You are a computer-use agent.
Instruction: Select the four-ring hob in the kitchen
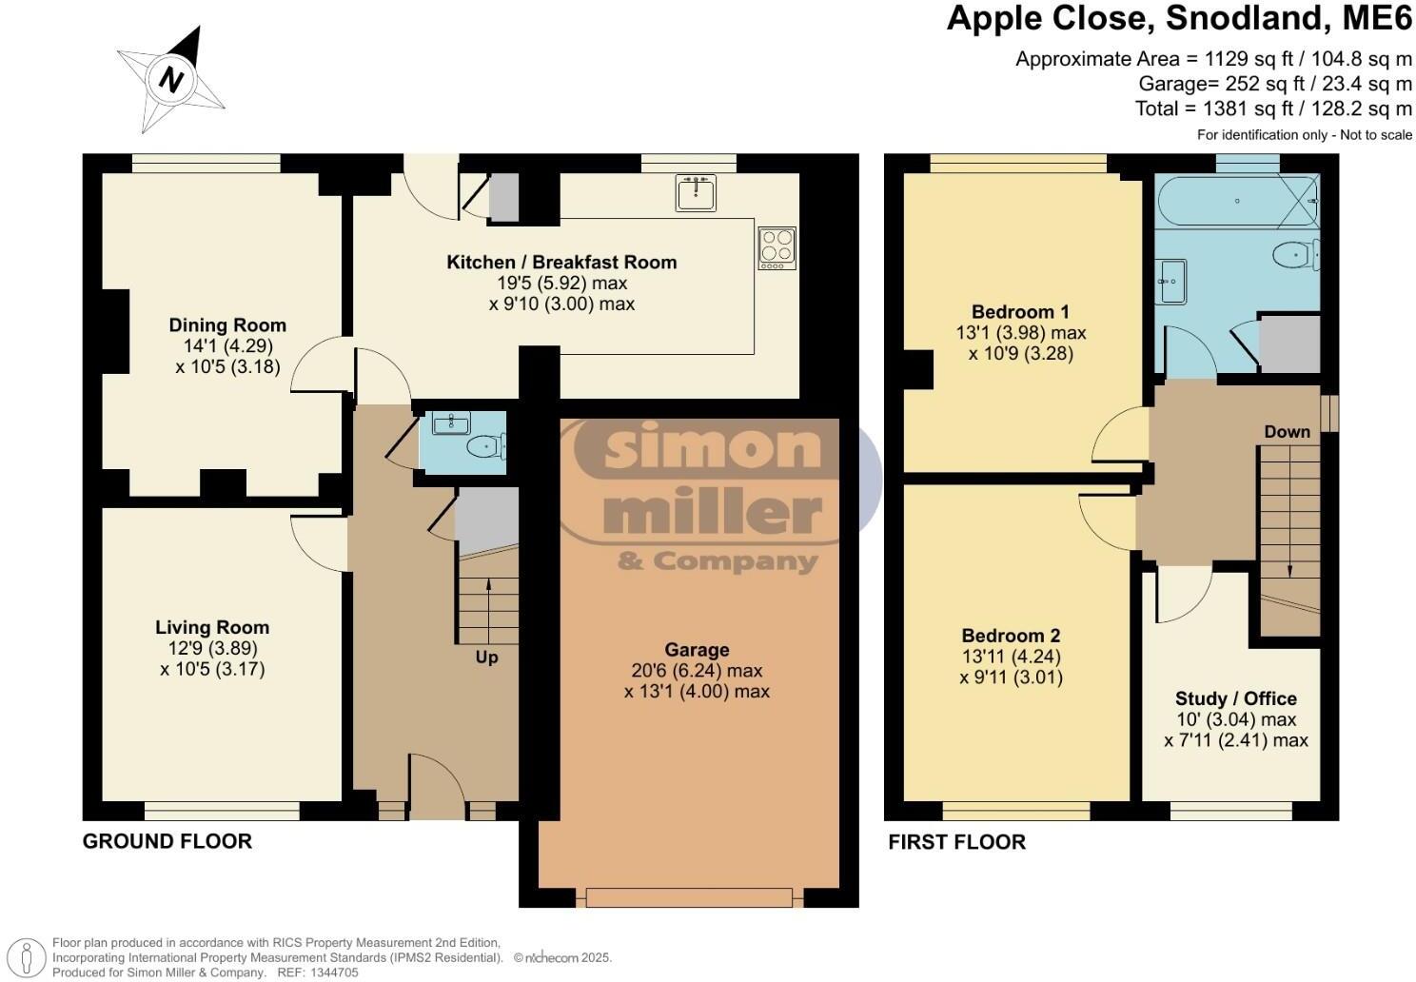coord(777,246)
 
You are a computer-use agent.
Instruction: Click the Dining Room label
coord(227,325)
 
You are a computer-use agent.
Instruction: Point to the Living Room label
coord(212,627)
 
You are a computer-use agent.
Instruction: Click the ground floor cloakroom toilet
coord(487,444)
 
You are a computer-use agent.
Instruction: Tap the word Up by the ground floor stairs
coord(486,657)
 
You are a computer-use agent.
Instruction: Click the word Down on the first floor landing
coord(1287,432)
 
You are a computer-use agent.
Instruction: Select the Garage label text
coord(697,650)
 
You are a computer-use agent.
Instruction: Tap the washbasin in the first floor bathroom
coord(1171,281)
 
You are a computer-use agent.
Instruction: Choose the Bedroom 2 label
coord(1011,636)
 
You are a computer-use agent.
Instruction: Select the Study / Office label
coord(1235,698)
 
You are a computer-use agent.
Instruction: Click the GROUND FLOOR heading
coord(167,841)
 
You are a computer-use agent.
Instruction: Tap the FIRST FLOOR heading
coord(956,842)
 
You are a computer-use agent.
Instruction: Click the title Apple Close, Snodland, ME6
coord(1179,19)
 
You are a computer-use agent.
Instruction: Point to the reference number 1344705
coord(332,972)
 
